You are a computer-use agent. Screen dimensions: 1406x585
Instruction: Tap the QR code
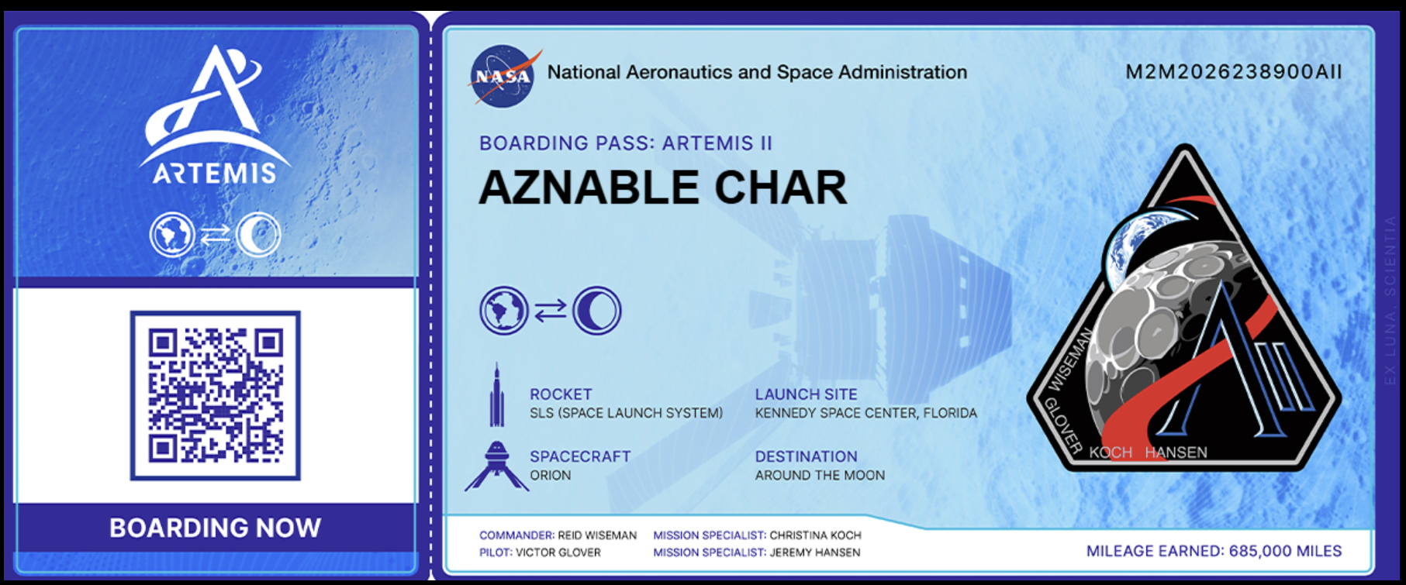coord(215,395)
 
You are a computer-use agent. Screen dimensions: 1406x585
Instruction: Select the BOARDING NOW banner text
coord(215,528)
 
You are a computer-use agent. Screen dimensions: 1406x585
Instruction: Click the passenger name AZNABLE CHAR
coord(663,188)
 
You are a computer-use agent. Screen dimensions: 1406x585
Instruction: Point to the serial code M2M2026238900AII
coord(1234,72)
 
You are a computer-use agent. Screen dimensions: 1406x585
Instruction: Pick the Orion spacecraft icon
coord(496,466)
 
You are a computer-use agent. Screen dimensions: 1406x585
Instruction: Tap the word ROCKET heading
coord(561,394)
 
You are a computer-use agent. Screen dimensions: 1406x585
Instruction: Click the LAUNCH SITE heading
coord(807,394)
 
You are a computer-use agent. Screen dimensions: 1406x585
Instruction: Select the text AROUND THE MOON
coord(820,475)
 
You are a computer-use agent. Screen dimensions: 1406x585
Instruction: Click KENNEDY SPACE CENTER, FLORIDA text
coord(866,413)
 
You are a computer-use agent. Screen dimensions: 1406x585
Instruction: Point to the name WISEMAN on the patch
coord(1070,360)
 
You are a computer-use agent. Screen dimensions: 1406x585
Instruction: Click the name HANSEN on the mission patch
coord(1176,453)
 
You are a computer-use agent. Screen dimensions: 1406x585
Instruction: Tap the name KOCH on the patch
coord(1111,453)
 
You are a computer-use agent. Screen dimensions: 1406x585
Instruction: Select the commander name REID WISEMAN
coord(597,535)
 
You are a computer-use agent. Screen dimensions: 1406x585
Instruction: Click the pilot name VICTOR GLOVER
coord(558,552)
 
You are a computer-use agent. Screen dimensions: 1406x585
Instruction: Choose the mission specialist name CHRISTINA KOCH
coord(815,535)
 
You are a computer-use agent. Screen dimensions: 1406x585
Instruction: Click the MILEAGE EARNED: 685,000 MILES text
coord(1214,551)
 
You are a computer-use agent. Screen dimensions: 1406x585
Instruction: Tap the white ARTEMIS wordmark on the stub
coord(215,173)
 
